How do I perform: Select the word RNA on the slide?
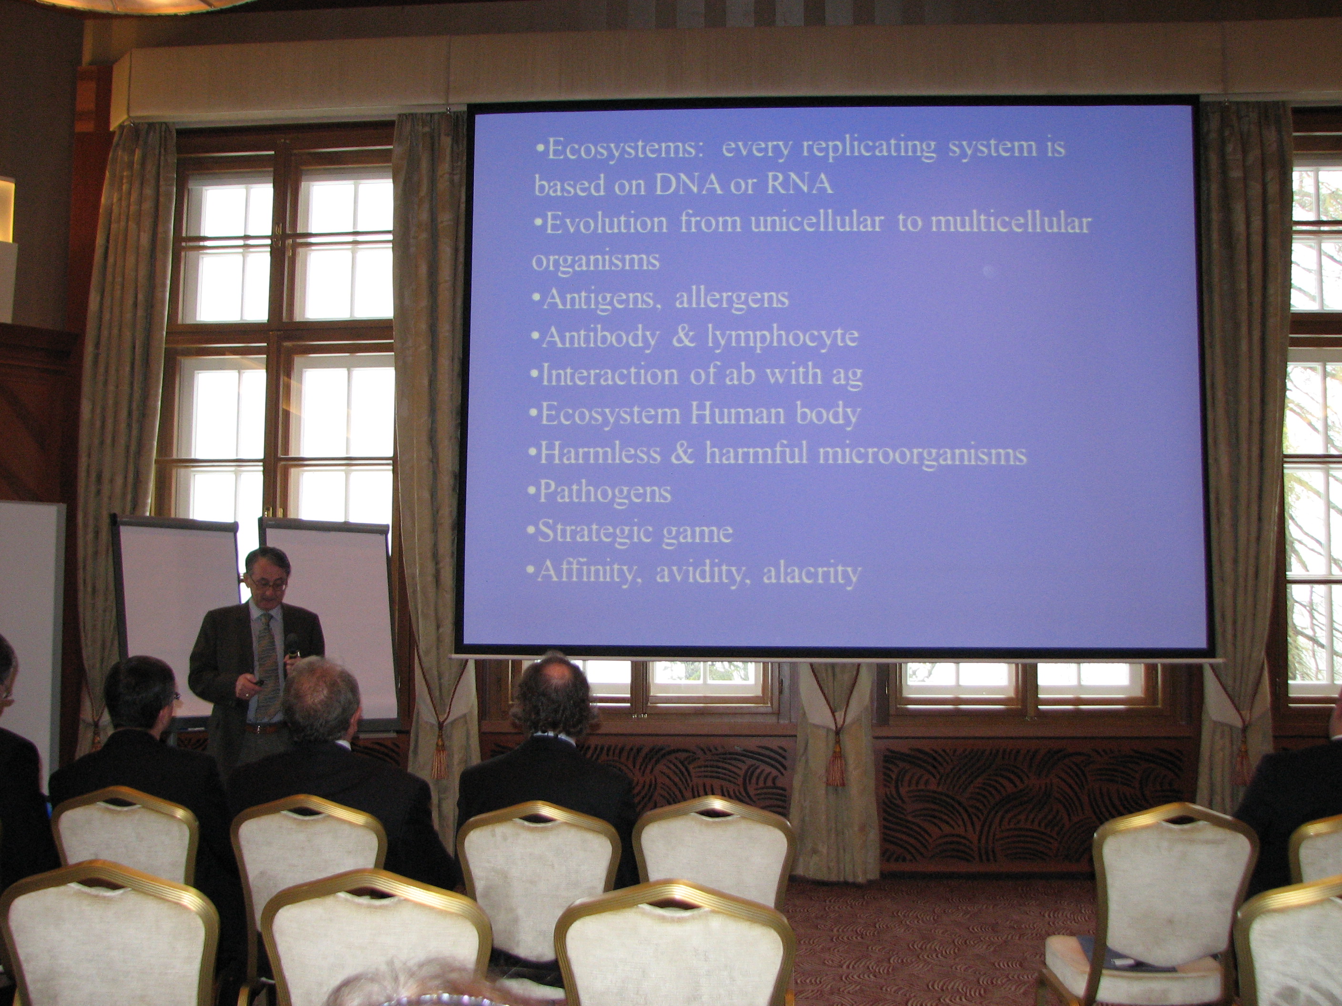[x=799, y=184]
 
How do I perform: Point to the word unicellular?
[x=817, y=222]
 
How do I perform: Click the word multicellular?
[x=1011, y=222]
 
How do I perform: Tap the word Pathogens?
[x=604, y=493]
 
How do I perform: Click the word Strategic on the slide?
[x=593, y=533]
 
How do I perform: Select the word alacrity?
[x=811, y=573]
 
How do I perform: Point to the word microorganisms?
[x=922, y=455]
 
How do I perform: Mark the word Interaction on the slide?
[x=609, y=375]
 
